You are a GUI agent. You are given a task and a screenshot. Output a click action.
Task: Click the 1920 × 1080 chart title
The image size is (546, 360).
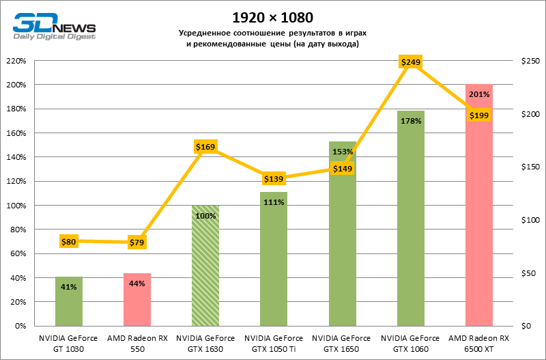click(x=273, y=16)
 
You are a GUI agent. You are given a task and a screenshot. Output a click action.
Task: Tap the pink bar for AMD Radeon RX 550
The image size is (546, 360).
click(x=137, y=300)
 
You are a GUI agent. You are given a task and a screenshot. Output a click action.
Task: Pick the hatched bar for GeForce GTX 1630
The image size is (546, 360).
click(x=205, y=266)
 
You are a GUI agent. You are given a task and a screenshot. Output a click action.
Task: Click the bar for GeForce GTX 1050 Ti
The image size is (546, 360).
click(x=274, y=260)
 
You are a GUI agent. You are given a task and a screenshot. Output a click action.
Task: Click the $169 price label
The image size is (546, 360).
click(x=205, y=146)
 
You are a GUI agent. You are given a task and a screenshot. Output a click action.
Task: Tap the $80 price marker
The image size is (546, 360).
click(x=69, y=241)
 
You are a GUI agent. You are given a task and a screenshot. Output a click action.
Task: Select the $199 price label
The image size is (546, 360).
click(x=478, y=115)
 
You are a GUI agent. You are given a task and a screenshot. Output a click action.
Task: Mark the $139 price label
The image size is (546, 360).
click(x=274, y=178)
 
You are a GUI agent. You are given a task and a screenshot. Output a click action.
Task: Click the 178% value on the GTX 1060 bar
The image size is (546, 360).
click(x=410, y=121)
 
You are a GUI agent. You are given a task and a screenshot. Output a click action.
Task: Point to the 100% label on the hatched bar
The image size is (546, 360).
click(x=205, y=215)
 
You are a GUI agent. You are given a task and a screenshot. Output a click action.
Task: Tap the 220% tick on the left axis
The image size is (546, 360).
click(x=16, y=61)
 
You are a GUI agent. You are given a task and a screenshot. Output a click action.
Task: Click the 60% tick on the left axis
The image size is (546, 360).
click(x=17, y=253)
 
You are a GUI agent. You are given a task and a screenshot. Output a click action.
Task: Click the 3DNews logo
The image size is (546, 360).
click(x=53, y=26)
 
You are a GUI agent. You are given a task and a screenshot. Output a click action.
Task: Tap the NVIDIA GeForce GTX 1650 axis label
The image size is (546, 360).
click(x=342, y=343)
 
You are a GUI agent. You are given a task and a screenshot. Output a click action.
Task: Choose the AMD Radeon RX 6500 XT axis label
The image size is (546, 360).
click(x=478, y=343)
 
